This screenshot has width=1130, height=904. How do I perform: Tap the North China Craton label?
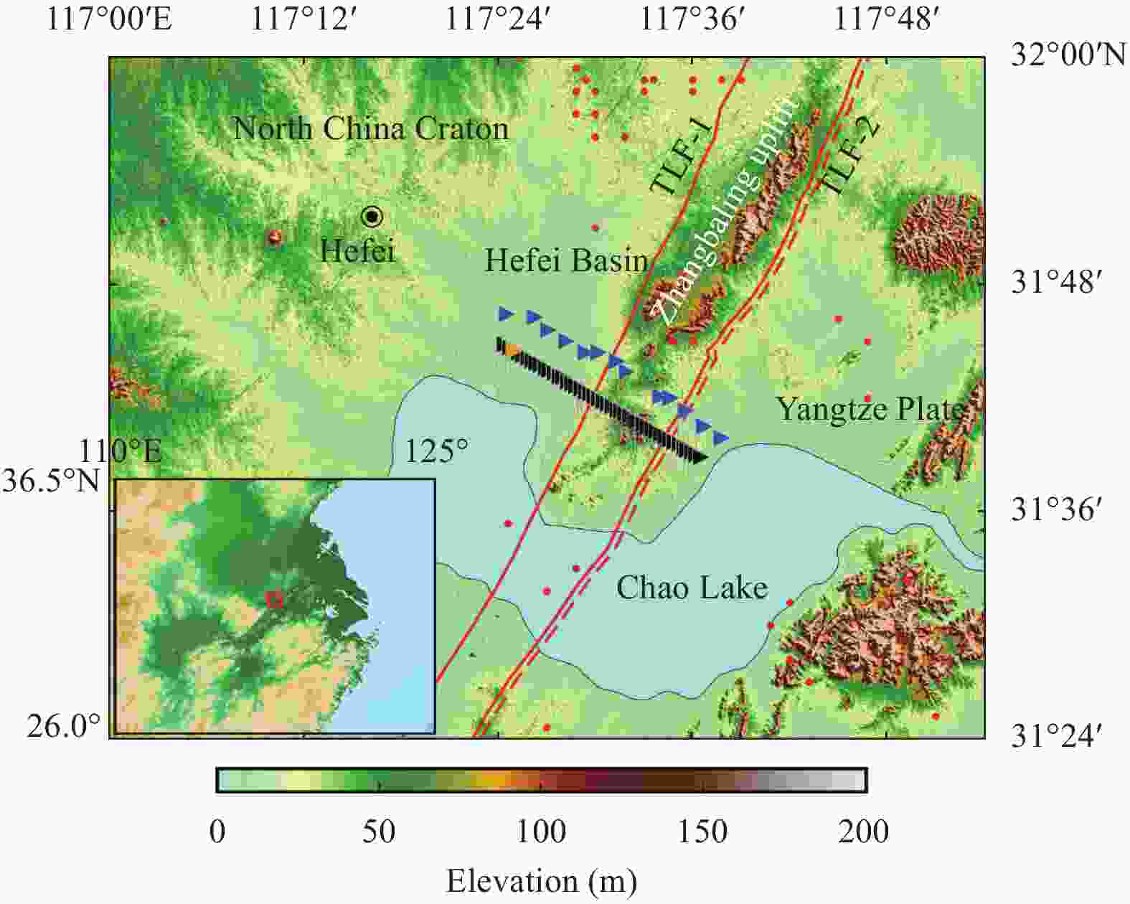370,129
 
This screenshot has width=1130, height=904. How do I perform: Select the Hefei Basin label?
566,260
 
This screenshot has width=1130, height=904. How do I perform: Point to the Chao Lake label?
692,588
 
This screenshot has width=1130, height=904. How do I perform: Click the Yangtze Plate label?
870,409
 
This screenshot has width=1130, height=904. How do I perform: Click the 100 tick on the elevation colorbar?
542,832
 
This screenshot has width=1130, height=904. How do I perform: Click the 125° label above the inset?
435,451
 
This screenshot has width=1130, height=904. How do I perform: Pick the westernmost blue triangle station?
507,314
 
